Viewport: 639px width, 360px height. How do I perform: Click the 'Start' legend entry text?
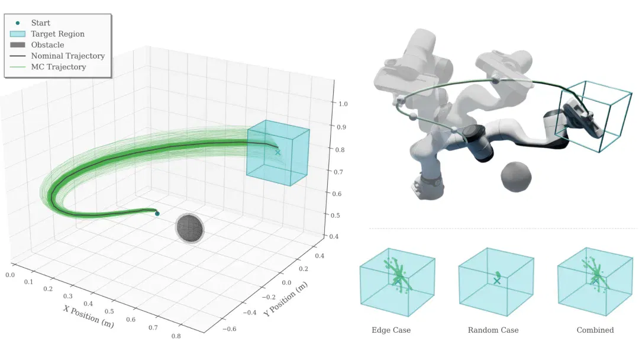pos(40,23)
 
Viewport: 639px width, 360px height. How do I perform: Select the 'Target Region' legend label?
pos(57,34)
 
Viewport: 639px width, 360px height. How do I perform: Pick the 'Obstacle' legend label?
pos(47,45)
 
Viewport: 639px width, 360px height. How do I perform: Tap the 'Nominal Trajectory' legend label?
pos(67,56)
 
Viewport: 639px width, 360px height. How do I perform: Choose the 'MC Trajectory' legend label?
pos(58,67)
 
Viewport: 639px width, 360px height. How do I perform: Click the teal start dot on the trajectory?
pos(157,214)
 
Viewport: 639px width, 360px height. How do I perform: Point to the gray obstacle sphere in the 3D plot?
pos(189,227)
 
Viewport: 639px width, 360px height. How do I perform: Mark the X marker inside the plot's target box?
pos(277,153)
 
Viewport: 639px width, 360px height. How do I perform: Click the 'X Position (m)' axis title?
pos(88,316)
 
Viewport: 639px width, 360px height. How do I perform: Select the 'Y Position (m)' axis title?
pos(285,299)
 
